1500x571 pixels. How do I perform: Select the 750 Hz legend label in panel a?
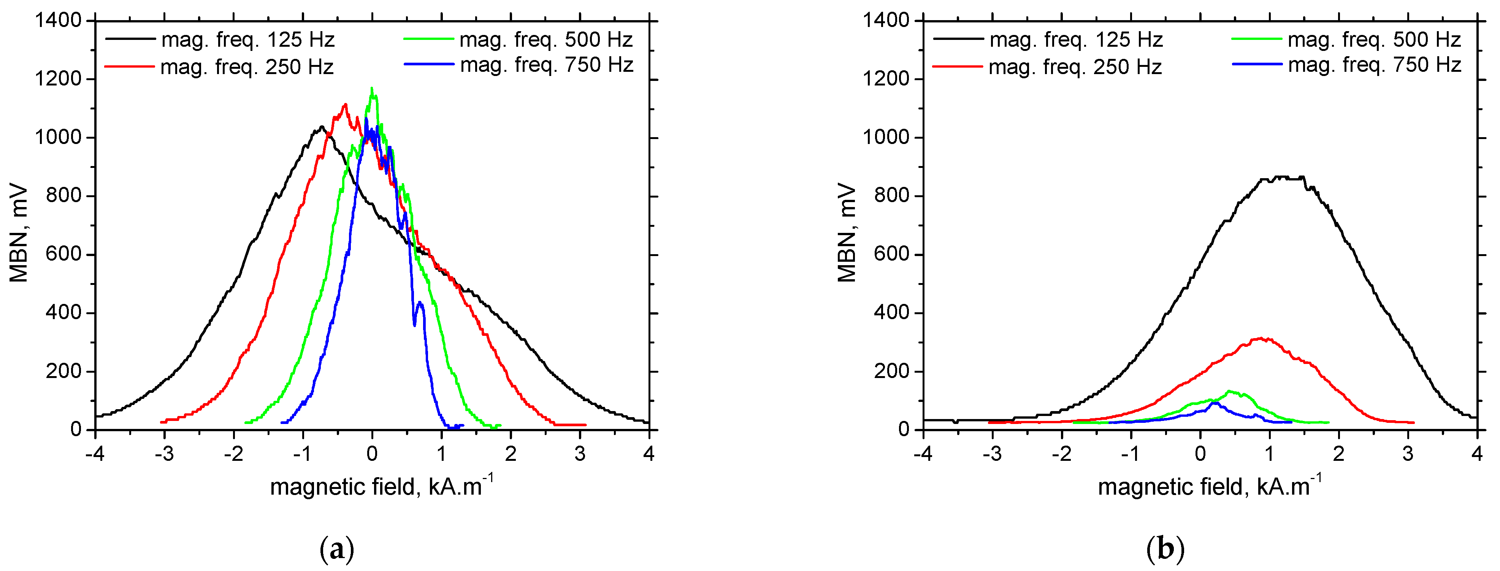click(546, 65)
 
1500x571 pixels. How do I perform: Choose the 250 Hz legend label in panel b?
click(1075, 67)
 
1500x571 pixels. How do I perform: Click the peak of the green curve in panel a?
click(371, 89)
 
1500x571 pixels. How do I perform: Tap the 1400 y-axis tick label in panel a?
click(58, 21)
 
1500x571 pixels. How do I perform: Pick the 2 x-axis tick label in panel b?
click(1339, 454)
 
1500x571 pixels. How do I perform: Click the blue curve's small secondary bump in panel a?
click(420, 303)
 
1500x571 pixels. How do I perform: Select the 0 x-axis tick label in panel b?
click(1200, 454)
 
